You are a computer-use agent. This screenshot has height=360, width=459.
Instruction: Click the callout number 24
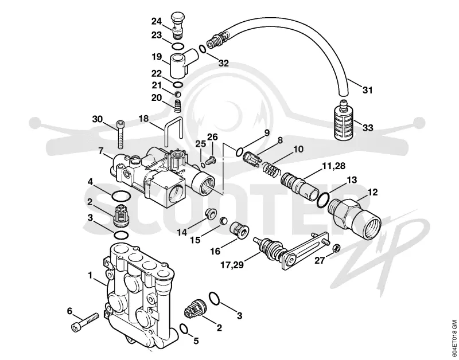(x=156, y=21)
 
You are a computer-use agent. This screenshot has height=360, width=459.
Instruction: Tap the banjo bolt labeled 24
(x=177, y=25)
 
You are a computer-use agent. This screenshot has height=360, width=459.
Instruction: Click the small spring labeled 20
(x=177, y=105)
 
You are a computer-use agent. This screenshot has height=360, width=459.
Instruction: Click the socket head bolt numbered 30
(x=120, y=134)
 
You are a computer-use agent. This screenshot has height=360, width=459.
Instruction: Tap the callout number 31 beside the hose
(x=367, y=90)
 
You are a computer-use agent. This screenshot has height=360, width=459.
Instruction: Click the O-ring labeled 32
(x=203, y=49)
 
